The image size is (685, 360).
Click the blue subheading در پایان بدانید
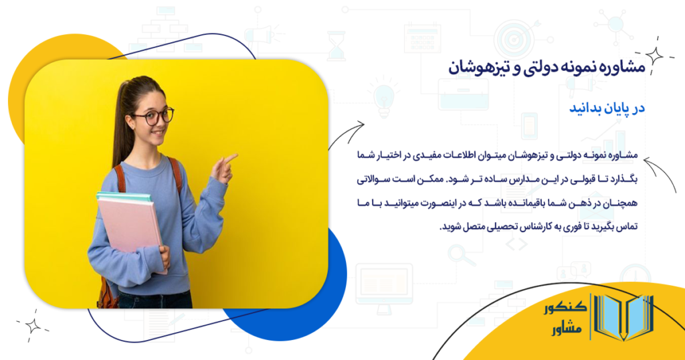pyautogui.click(x=606, y=108)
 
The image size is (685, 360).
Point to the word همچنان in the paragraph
pyautogui.click(x=620, y=202)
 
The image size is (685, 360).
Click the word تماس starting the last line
pyautogui.click(x=629, y=226)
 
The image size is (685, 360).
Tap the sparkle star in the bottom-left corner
pyautogui.click(x=31, y=325)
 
